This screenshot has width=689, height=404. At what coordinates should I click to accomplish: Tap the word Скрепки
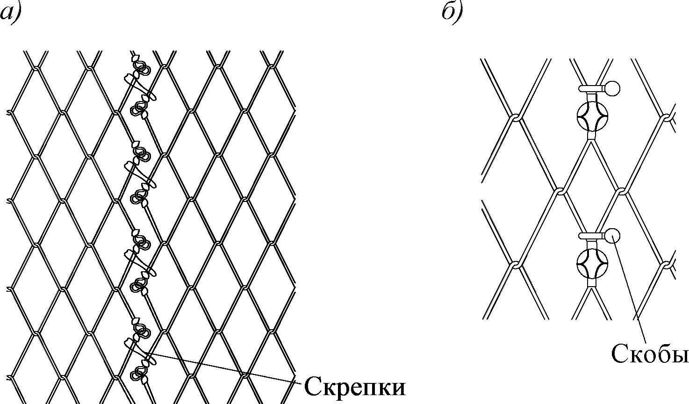(354, 386)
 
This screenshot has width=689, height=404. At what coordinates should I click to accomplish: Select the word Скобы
(649, 354)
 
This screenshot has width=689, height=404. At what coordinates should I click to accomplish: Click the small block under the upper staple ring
(591, 136)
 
